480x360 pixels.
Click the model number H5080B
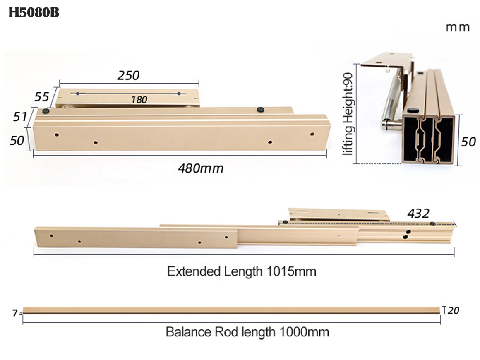pos(34,13)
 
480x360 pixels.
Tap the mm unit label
pos(458,28)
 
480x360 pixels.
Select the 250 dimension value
pos(128,75)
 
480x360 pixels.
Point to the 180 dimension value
pos(139,99)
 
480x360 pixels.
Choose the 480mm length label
pos(200,168)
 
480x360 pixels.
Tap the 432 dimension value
pos(418,213)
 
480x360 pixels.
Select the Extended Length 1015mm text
pos(242,271)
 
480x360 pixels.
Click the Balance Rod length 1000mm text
pos(247,332)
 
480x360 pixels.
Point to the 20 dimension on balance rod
pos(454,310)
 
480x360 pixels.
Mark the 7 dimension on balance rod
pos(15,313)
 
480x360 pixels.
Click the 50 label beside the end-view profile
pos(468,142)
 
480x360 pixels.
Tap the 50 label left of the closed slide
pos(17,141)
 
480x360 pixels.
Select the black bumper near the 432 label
pos(432,224)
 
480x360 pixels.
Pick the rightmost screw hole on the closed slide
pos(312,134)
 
